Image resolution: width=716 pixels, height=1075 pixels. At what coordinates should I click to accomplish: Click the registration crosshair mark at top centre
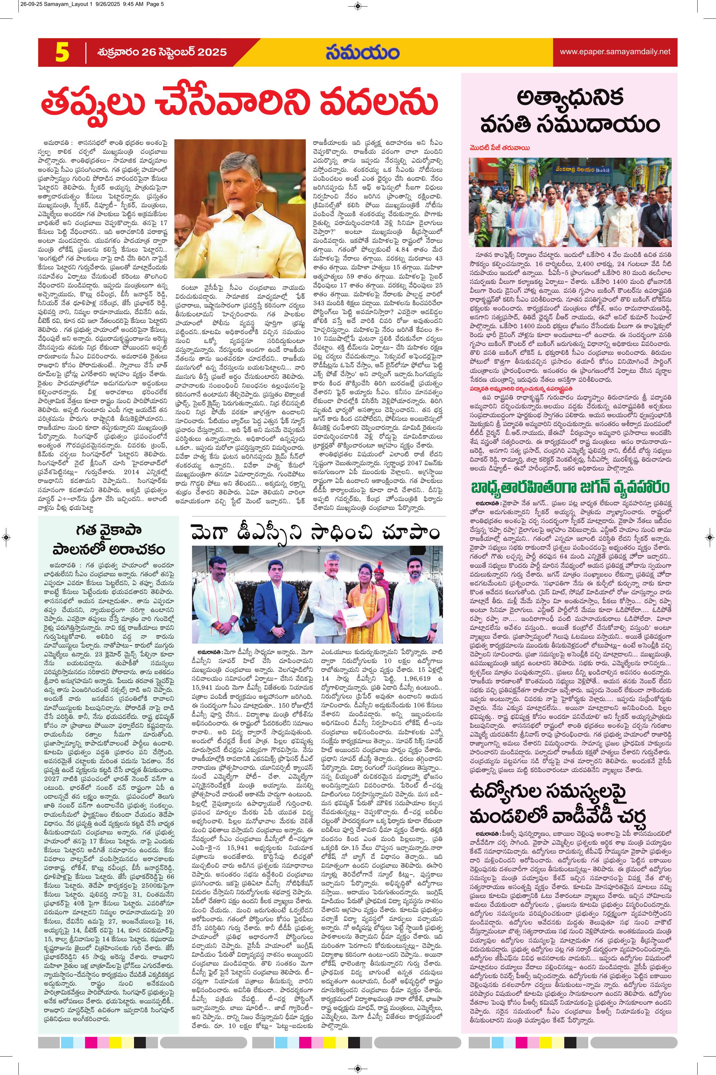(358, 6)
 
